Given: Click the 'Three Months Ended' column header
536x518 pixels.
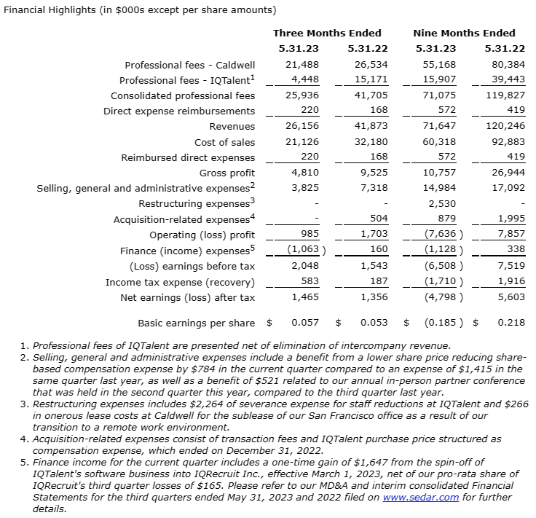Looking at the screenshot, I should [x=327, y=33].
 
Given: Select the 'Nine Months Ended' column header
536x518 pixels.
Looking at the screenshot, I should [x=464, y=33].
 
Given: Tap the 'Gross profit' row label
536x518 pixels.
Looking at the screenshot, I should [x=227, y=173].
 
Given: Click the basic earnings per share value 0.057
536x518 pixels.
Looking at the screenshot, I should [x=304, y=322].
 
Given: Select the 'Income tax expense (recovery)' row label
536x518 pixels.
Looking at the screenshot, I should [x=181, y=282].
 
